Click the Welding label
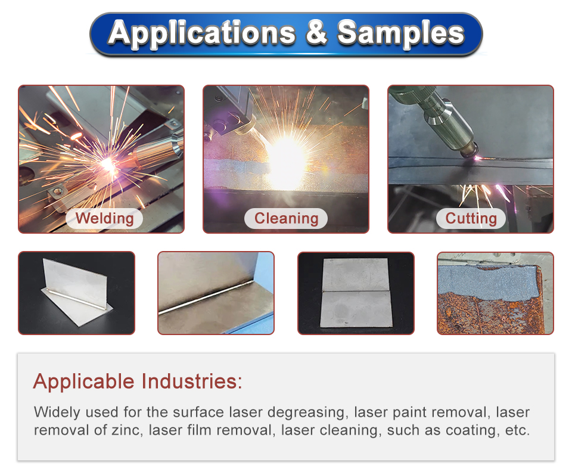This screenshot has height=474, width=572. (104, 218)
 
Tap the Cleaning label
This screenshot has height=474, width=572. (286, 218)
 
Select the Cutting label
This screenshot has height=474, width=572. (471, 218)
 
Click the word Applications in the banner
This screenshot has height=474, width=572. (202, 33)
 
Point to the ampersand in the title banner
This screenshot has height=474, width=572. (316, 32)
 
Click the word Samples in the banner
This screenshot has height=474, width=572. (400, 33)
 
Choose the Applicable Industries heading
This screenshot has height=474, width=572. (138, 381)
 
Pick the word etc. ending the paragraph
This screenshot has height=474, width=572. (517, 430)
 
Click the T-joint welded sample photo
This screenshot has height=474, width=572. (77, 293)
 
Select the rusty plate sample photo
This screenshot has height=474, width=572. (495, 293)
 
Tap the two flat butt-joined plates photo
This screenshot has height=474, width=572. (356, 293)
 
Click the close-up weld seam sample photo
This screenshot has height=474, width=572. (216, 293)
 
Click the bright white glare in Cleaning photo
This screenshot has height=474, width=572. (285, 160)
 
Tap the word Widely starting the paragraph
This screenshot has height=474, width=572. (57, 413)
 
